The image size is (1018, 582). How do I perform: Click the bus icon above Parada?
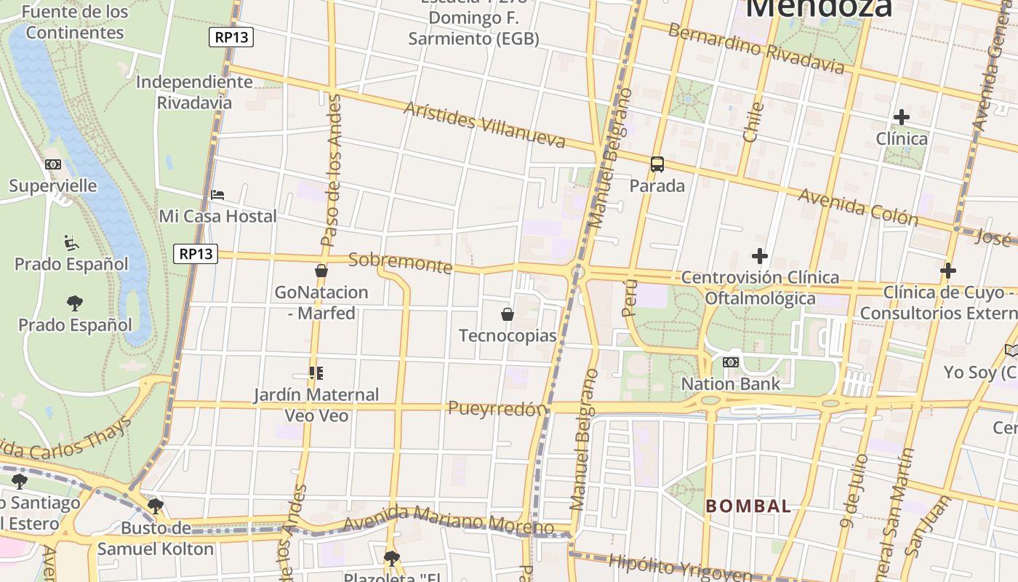pos(657,164)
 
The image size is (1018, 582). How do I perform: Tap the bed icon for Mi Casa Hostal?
pos(217,195)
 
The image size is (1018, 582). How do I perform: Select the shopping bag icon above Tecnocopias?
pos(508,314)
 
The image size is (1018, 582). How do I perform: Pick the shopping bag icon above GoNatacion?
pos(321,271)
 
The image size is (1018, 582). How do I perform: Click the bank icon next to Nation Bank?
pos(730,362)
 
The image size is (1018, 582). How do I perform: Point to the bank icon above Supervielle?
pos(53,164)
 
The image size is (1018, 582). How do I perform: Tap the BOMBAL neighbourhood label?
pos(748,506)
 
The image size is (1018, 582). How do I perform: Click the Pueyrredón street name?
pos(497,408)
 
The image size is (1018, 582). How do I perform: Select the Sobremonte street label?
pos(400,262)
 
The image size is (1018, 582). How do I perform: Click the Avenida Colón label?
pos(858,206)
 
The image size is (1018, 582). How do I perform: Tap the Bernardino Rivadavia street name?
pos(756,49)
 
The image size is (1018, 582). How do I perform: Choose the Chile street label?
pos(753,121)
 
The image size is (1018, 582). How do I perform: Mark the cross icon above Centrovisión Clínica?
pos(760,256)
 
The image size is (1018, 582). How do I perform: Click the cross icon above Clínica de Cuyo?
pos(947,271)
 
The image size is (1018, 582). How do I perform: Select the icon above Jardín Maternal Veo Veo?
pos(316,373)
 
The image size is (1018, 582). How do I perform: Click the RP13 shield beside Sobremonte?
pos(196,253)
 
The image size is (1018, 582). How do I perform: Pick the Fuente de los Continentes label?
pos(75,22)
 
